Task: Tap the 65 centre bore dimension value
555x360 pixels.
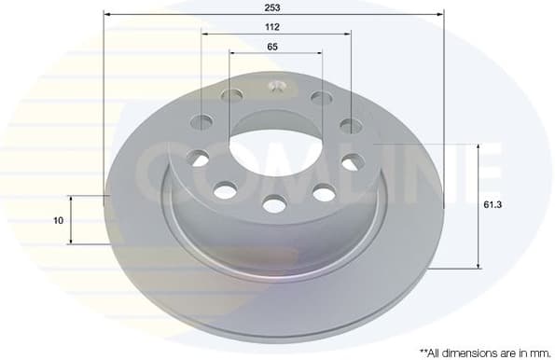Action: click(x=272, y=46)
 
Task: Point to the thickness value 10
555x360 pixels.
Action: click(x=59, y=221)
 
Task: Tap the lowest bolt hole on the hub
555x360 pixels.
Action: click(x=274, y=203)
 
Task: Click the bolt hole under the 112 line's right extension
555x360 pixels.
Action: click(x=350, y=126)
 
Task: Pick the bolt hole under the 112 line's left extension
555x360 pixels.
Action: click(x=201, y=121)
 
